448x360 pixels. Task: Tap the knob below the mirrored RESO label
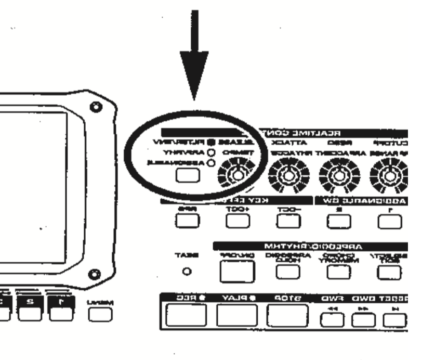(336, 173)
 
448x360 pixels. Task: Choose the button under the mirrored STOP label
(287, 315)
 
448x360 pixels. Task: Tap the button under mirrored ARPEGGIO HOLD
(284, 269)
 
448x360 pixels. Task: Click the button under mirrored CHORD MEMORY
(334, 269)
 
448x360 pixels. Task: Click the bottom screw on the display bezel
(95, 274)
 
